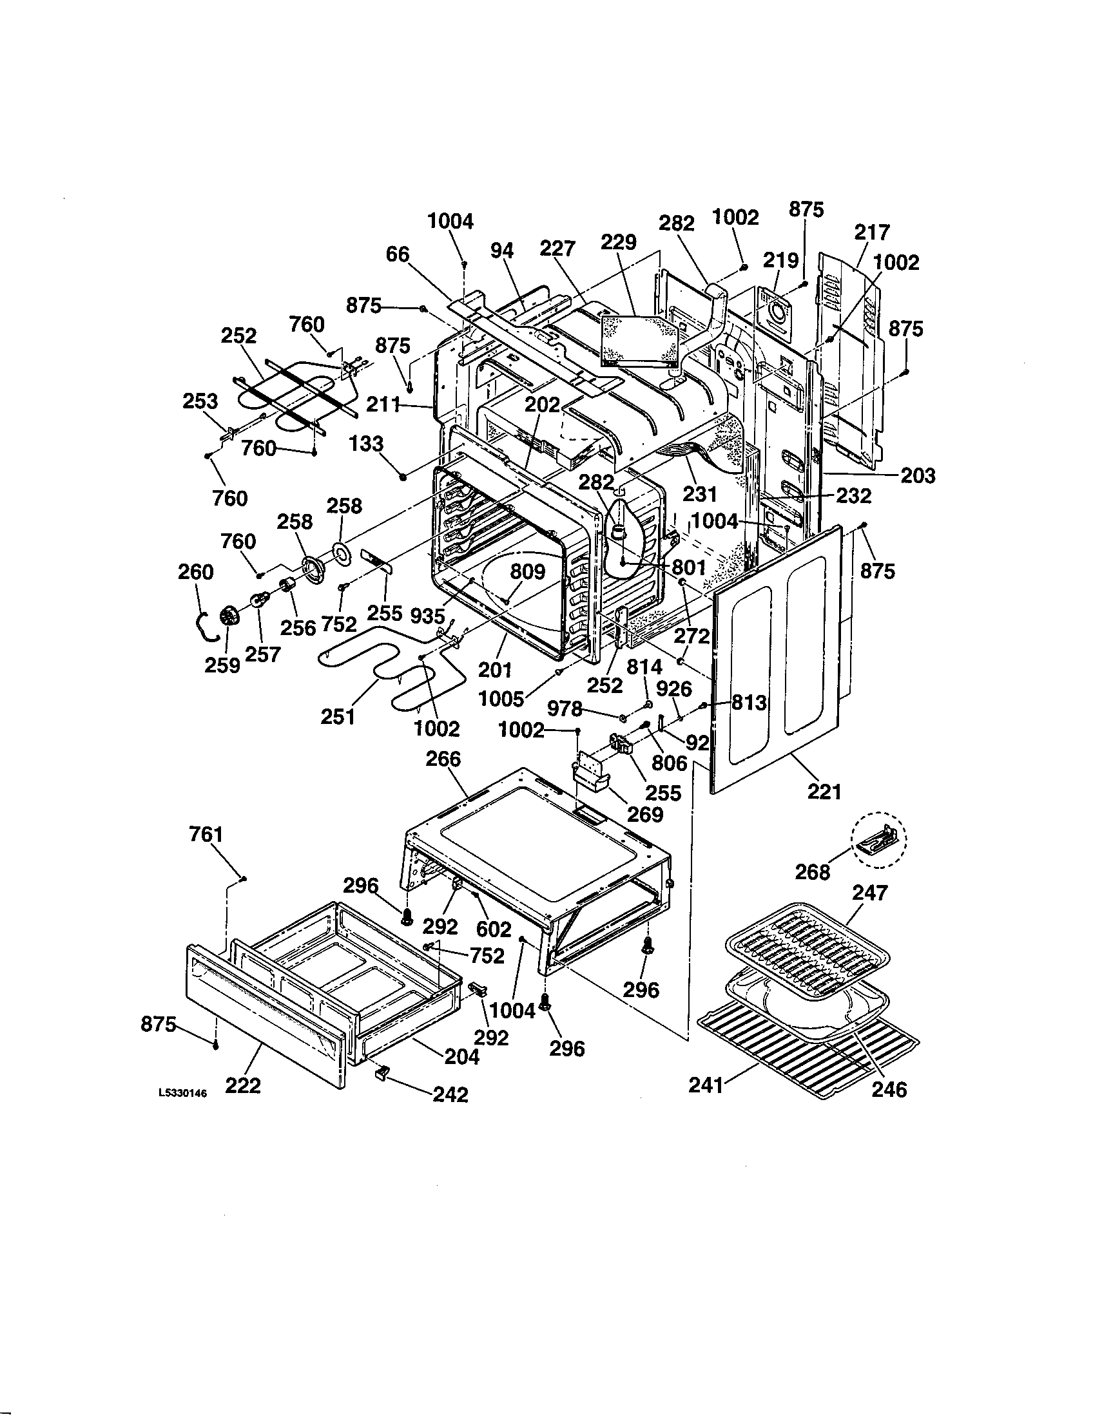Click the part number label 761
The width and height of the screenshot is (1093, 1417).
click(206, 833)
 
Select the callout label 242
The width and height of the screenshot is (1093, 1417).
click(450, 1094)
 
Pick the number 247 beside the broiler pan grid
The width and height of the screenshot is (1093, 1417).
click(870, 893)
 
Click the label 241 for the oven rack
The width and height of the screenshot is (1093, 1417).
click(706, 1085)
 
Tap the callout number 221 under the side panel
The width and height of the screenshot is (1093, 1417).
click(824, 792)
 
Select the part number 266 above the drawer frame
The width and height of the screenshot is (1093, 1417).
click(443, 759)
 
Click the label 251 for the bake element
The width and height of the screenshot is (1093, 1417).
click(338, 716)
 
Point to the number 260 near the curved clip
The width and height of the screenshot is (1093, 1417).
click(195, 572)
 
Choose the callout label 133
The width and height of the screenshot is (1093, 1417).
click(366, 444)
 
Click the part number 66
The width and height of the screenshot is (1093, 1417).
click(398, 254)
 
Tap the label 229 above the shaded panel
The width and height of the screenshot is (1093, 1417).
click(619, 243)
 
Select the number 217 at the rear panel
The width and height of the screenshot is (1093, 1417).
click(872, 233)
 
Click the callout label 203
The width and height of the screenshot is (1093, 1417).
click(918, 476)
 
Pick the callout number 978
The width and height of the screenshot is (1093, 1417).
click(565, 709)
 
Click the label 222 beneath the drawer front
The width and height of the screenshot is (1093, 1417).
click(243, 1085)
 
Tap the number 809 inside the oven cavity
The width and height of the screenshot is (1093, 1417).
click(527, 571)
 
